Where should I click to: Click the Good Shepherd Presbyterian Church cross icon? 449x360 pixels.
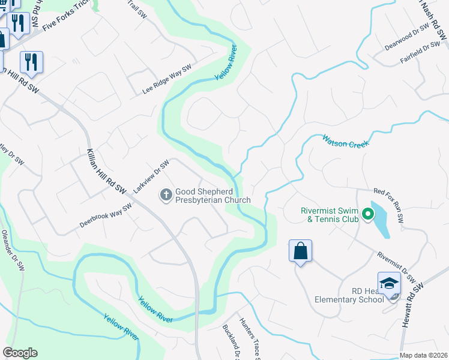[x=166, y=194]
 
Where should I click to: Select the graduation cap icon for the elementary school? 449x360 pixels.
[x=389, y=283]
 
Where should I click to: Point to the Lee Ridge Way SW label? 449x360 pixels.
[x=167, y=79]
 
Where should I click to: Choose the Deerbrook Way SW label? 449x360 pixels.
[x=106, y=216]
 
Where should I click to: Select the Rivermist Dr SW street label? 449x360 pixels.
[x=397, y=266]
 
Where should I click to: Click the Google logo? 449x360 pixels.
[x=20, y=353]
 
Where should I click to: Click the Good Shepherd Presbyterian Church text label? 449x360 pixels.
[x=212, y=196]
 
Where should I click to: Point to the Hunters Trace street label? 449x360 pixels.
[x=249, y=339]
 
